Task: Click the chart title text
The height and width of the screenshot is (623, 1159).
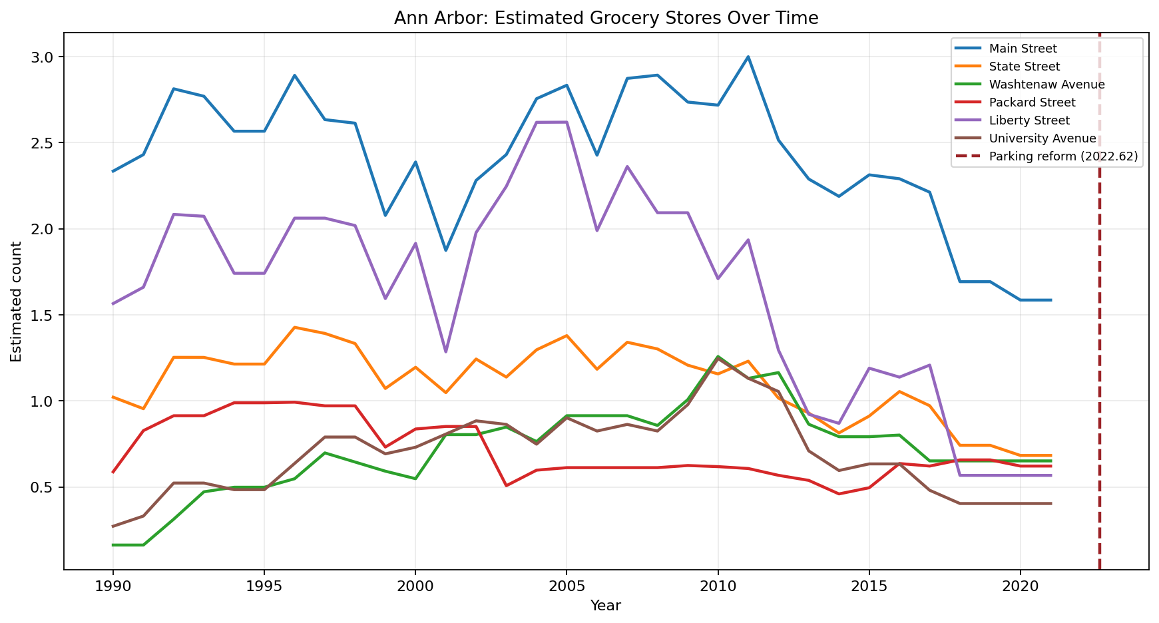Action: click(x=606, y=18)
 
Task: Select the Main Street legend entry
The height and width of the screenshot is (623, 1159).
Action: click(x=1023, y=49)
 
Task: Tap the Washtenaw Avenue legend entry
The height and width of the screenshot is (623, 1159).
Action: click(x=1046, y=85)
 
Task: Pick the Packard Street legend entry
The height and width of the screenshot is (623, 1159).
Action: click(x=1032, y=103)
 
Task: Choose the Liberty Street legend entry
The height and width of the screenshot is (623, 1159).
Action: click(x=1029, y=120)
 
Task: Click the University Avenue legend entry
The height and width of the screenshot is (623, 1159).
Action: click(x=1043, y=138)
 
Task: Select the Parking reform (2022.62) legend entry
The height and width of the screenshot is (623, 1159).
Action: click(x=1063, y=156)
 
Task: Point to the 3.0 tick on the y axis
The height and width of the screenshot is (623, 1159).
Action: click(x=45, y=57)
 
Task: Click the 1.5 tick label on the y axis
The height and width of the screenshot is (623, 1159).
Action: click(x=45, y=315)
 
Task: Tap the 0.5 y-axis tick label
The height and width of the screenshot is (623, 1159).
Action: click(x=45, y=488)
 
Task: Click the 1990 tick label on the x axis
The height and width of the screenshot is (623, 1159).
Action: click(x=113, y=586)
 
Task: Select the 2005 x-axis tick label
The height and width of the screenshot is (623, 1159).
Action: click(x=567, y=586)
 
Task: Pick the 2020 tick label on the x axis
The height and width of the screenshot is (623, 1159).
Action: click(x=1020, y=586)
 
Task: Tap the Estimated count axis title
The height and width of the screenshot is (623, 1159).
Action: click(x=17, y=302)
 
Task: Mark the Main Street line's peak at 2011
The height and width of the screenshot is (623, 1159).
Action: click(x=748, y=57)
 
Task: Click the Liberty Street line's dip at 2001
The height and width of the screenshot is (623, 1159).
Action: click(x=445, y=351)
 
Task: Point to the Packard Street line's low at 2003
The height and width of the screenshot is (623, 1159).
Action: click(x=506, y=486)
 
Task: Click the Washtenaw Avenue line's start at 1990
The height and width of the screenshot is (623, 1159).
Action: click(x=113, y=545)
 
